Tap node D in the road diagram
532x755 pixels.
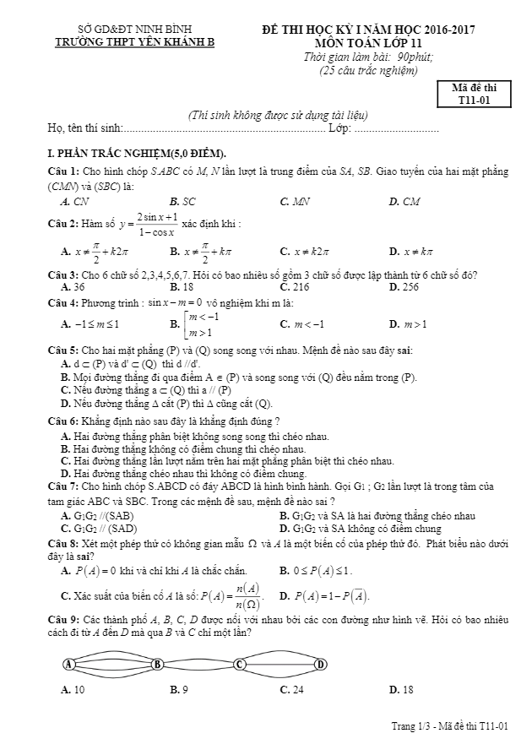[x=321, y=664]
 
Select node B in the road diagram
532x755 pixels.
[x=157, y=664]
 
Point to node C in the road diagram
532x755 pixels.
[x=240, y=664]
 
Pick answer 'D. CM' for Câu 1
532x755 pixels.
[x=404, y=202]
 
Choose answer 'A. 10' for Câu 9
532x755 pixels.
[x=73, y=690]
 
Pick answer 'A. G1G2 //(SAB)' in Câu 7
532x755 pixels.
[x=97, y=515]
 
